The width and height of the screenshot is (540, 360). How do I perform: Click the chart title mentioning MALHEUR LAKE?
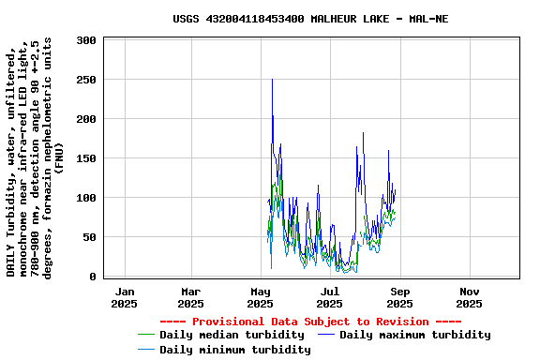point(310,19)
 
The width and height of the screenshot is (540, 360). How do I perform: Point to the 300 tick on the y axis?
point(86,40)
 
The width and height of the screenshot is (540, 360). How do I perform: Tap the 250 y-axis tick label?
point(86,80)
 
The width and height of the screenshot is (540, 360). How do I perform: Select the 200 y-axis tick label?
point(86,119)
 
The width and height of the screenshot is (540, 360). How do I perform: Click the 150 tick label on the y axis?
point(86,158)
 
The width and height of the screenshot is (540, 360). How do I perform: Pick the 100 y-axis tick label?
point(86,198)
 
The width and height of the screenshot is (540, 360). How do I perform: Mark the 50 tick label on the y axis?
point(90,237)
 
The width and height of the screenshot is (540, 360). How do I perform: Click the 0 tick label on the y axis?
point(93,277)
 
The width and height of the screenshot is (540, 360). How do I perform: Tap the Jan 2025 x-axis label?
point(124,297)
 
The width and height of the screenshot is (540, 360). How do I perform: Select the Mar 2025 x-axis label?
point(190,297)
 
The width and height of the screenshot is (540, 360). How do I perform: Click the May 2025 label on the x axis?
point(260,297)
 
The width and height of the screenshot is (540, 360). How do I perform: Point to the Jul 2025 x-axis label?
point(329,297)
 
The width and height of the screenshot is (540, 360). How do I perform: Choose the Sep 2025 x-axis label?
point(399,297)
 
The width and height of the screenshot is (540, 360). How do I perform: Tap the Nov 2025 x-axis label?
point(469,297)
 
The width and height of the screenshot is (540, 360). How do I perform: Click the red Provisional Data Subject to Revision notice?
point(309,322)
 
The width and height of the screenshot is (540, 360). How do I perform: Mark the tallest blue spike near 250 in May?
point(272,81)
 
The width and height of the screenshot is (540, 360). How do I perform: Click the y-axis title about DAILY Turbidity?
point(35,158)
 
